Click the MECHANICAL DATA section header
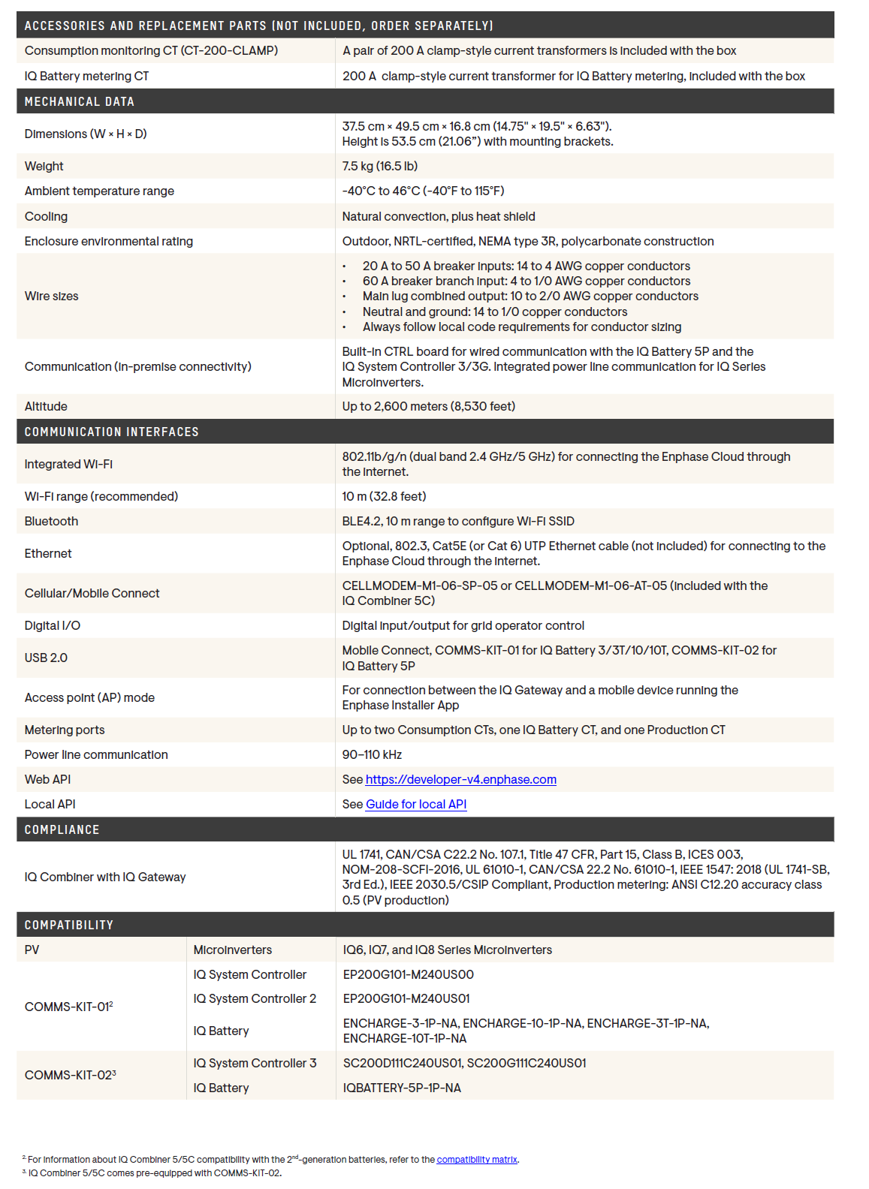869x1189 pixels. pyautogui.click(x=79, y=101)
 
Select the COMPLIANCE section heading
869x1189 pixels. pyautogui.click(x=62, y=829)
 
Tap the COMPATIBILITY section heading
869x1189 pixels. pyautogui.click(x=68, y=925)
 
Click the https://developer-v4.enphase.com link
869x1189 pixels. pyautogui.click(x=460, y=779)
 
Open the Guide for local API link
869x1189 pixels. pyautogui.click(x=415, y=804)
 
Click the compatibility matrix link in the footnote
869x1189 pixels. pyautogui.click(x=476, y=1160)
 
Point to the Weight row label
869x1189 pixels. pyautogui.click(x=44, y=166)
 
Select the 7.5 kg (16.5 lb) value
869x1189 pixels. pyautogui.click(x=379, y=166)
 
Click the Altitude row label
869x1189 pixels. pyautogui.click(x=46, y=406)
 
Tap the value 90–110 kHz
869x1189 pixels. pyautogui.click(x=372, y=754)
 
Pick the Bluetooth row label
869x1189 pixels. pyautogui.click(x=51, y=521)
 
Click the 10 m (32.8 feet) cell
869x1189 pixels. pyautogui.click(x=384, y=496)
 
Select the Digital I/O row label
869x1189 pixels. pyautogui.click(x=52, y=625)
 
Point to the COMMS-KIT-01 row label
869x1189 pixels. pyautogui.click(x=68, y=1007)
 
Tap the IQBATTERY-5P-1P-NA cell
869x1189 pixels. pyautogui.click(x=402, y=1088)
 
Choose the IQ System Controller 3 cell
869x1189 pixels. pyautogui.click(x=255, y=1063)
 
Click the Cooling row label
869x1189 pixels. pyautogui.click(x=46, y=216)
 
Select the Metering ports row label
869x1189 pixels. pyautogui.click(x=65, y=730)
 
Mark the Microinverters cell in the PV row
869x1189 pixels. pyautogui.click(x=233, y=950)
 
